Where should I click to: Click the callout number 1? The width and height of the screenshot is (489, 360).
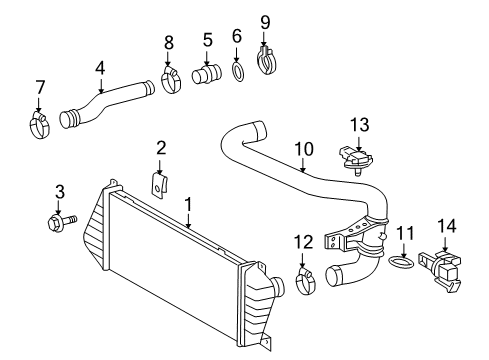(187, 204)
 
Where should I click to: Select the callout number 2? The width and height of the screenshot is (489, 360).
(160, 148)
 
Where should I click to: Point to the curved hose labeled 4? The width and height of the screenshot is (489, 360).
(110, 105)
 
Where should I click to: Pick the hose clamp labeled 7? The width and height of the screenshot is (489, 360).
(39, 126)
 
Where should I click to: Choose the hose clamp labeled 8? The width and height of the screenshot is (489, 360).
(170, 77)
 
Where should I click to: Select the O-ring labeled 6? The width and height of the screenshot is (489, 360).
(238, 71)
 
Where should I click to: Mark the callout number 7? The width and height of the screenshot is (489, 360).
(39, 87)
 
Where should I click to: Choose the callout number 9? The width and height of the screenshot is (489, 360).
(265, 20)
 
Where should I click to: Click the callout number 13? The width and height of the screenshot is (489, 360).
(360, 123)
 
